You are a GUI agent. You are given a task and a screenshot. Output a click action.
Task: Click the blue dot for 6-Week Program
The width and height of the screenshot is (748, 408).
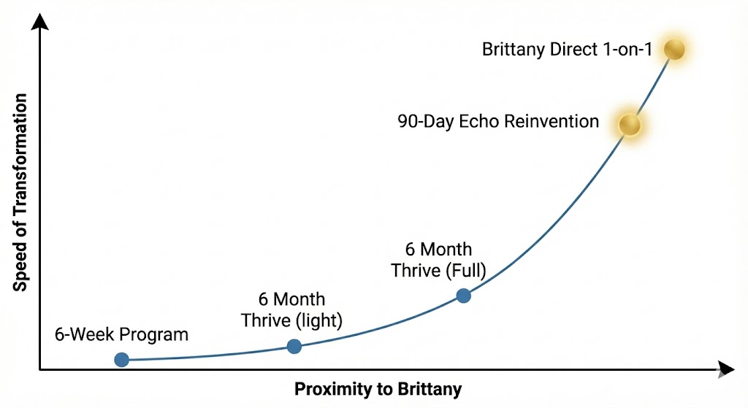coord(122,359)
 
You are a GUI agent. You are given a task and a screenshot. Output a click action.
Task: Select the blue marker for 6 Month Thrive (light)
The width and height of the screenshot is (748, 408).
coord(294,346)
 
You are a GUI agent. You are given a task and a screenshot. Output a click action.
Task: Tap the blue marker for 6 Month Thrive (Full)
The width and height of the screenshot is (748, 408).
coord(463,296)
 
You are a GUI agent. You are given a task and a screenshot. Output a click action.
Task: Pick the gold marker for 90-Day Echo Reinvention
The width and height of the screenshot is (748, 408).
coord(630,125)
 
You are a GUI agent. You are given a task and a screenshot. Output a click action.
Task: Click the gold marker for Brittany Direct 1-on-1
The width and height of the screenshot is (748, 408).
coord(673,50)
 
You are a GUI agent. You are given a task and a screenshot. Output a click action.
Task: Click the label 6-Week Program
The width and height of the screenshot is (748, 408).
coord(121,335)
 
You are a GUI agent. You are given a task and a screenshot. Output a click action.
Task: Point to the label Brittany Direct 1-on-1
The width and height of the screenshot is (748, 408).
coord(567,50)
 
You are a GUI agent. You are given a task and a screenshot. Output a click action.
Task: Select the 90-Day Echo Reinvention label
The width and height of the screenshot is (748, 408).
coord(498,121)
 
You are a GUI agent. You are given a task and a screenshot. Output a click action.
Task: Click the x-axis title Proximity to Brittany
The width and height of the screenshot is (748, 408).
coord(378,389)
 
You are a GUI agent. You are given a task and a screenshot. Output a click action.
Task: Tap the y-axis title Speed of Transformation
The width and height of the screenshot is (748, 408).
coord(20,193)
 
